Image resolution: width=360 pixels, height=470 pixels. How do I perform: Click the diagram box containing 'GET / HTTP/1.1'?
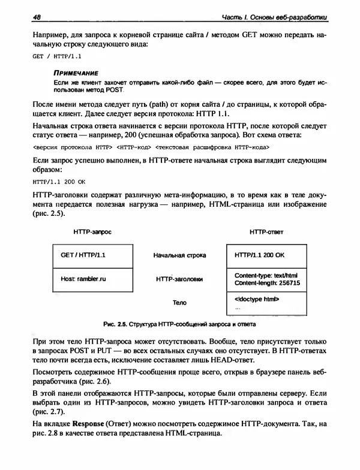tap(92, 255)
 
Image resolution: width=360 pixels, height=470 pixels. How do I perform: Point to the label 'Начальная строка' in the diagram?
tap(179, 256)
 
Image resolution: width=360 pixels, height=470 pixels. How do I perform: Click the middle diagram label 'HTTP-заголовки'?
tap(179, 279)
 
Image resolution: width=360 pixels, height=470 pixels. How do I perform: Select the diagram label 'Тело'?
tap(179, 303)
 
